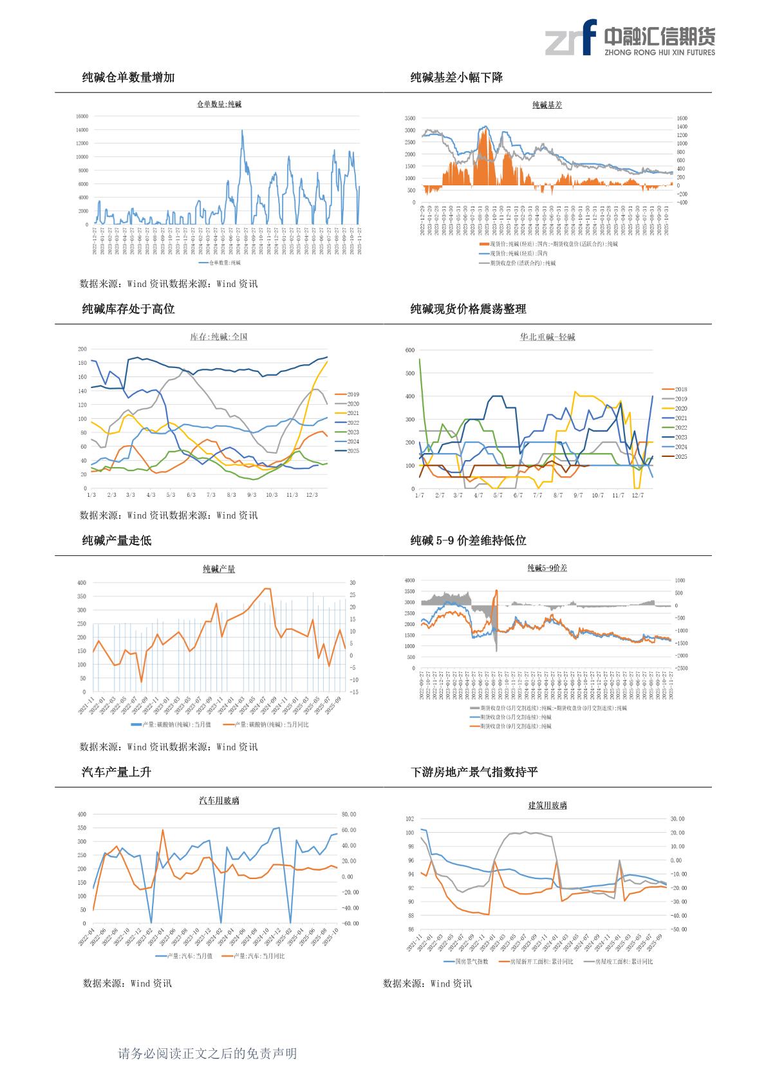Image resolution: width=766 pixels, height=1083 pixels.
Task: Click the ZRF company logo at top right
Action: [629, 37]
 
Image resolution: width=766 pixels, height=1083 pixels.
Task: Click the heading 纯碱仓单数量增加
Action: [128, 78]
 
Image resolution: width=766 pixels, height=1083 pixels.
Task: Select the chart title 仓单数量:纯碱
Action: [219, 104]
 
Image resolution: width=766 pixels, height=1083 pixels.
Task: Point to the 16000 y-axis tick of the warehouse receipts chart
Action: [82, 116]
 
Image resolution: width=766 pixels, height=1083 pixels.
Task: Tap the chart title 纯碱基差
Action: [547, 105]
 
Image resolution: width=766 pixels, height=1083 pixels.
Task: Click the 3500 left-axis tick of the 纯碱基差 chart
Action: [410, 118]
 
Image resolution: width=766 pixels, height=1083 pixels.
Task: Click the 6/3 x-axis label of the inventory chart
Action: [191, 495]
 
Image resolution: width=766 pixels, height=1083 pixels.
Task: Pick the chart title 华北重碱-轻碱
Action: [547, 337]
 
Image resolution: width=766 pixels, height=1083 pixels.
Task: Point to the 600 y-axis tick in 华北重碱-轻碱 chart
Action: [410, 350]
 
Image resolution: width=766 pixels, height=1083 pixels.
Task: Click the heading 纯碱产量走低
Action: [117, 541]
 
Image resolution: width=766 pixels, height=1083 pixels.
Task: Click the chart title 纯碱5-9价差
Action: [547, 568]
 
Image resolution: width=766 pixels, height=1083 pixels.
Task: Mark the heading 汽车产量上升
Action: [117, 772]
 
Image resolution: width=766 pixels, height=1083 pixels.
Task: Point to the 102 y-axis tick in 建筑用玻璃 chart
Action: [410, 819]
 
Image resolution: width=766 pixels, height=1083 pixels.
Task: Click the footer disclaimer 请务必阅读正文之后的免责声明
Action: [207, 1053]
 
